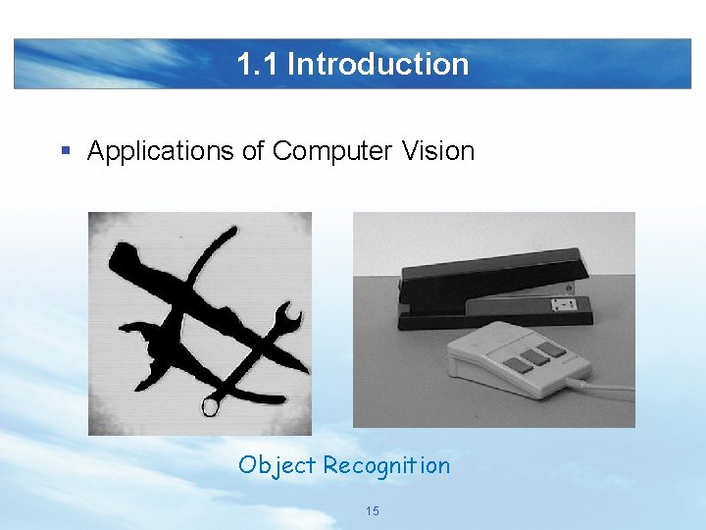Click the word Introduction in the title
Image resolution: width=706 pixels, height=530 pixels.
(x=378, y=65)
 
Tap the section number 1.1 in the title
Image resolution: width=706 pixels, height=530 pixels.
(x=258, y=65)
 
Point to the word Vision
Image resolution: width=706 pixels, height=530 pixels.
(x=436, y=151)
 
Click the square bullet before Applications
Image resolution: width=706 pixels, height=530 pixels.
(x=66, y=151)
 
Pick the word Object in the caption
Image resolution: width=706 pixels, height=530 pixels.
(x=277, y=465)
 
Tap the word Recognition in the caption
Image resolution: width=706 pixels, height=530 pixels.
(x=386, y=465)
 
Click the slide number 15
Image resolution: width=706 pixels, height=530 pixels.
(x=372, y=511)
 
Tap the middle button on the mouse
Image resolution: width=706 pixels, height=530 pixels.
(x=534, y=355)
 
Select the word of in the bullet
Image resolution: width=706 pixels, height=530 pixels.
(x=253, y=151)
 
